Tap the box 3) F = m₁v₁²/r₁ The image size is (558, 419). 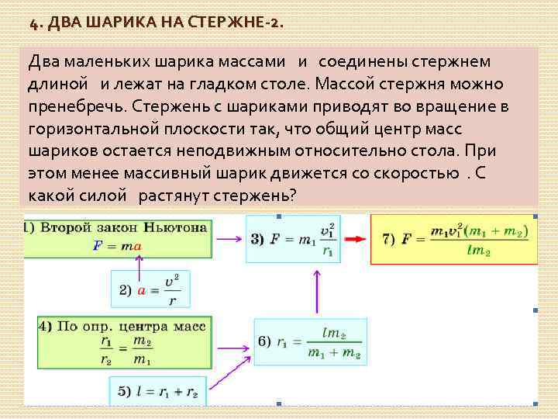pos(293,239)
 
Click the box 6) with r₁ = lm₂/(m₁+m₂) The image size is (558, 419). pos(310,342)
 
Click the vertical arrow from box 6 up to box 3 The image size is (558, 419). pos(318,291)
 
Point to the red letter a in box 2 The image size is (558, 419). pos(142,290)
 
